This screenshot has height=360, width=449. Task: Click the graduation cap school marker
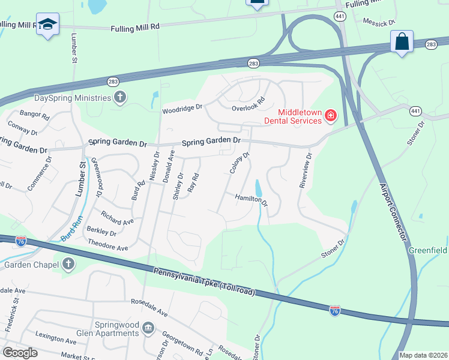point(47,24)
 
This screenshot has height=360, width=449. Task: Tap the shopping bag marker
point(402,42)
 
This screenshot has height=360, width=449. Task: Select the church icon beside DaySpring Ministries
point(120,97)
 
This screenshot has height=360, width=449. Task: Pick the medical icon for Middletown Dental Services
point(330,116)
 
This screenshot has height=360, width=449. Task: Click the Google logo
point(20,353)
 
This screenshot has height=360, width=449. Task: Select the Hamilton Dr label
point(251,200)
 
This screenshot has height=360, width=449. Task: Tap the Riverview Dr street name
point(305,170)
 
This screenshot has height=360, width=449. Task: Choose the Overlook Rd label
point(249,104)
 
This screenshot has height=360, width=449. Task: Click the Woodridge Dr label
point(183,110)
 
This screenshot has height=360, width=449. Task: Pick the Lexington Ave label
point(56,340)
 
